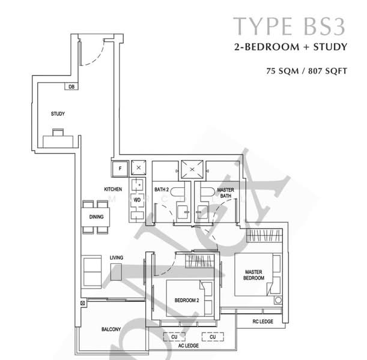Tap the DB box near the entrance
(71, 87)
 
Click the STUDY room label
(58, 114)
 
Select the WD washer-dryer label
(137, 199)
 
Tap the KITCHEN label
(113, 189)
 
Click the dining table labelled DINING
(96, 217)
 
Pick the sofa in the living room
(92, 271)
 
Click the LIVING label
(117, 258)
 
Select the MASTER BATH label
(226, 193)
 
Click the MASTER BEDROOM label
(253, 275)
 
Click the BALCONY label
(111, 329)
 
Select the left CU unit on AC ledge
(174, 337)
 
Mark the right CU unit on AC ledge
(212, 337)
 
